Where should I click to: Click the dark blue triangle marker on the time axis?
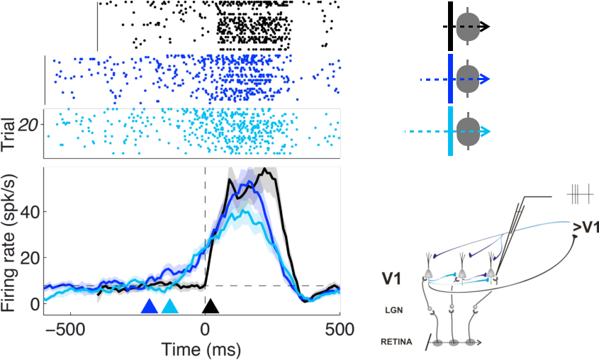point(149,307)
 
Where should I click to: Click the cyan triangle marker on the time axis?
point(170,307)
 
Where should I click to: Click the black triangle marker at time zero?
point(211,307)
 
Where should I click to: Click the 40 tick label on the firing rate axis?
point(28,211)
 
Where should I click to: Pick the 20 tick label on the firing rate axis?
point(28,257)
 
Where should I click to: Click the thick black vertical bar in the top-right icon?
point(450,26)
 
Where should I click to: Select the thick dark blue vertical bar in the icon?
point(450,79)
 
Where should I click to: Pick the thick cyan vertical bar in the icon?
point(450,131)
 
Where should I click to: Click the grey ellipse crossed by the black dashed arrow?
point(467,27)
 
